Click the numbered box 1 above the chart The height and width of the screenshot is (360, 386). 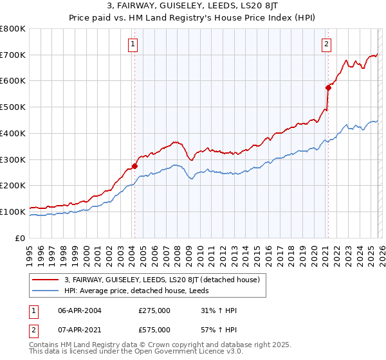[x=133, y=44]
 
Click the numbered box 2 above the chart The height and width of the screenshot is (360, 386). [x=326, y=44]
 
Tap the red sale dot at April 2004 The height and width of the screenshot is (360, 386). [x=134, y=166]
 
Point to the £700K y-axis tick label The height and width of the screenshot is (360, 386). [x=12, y=55]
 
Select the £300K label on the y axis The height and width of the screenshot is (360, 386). [x=12, y=159]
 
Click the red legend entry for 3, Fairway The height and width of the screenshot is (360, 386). [x=161, y=280]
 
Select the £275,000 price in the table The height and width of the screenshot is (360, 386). [x=154, y=310]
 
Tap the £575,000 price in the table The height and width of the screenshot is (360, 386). [x=154, y=330]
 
